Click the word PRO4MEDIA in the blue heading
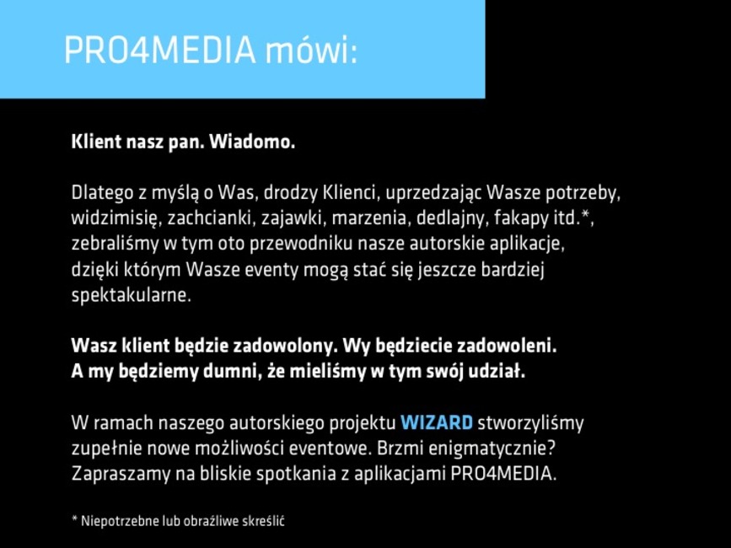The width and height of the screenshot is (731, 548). coord(160,50)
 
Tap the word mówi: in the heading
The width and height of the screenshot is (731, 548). coord(312,50)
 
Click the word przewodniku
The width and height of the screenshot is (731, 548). coord(301,244)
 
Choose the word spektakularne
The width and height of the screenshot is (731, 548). coord(131,295)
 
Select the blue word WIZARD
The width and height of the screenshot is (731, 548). coord(437,422)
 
